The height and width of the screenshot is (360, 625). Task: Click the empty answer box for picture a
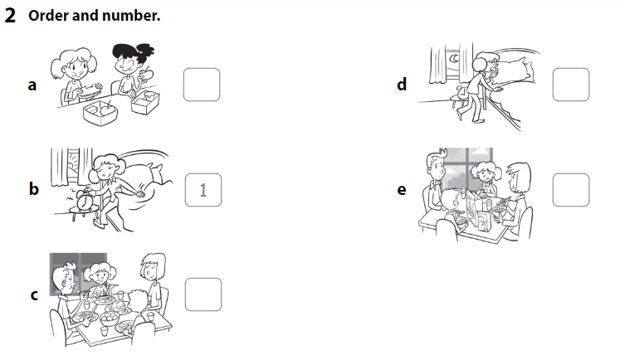pyautogui.click(x=202, y=85)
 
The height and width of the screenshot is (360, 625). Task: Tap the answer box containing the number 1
pyautogui.click(x=202, y=191)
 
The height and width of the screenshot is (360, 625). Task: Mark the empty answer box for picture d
pyautogui.click(x=570, y=85)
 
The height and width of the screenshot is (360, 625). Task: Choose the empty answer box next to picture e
pyautogui.click(x=570, y=190)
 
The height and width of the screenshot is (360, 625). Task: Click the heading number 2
pyautogui.click(x=10, y=17)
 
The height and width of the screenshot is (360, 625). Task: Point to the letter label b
pyautogui.click(x=33, y=189)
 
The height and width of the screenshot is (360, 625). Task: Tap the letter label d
pyautogui.click(x=402, y=84)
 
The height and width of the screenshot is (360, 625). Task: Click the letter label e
pyautogui.click(x=402, y=190)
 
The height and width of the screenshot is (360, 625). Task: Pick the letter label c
pyautogui.click(x=33, y=295)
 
